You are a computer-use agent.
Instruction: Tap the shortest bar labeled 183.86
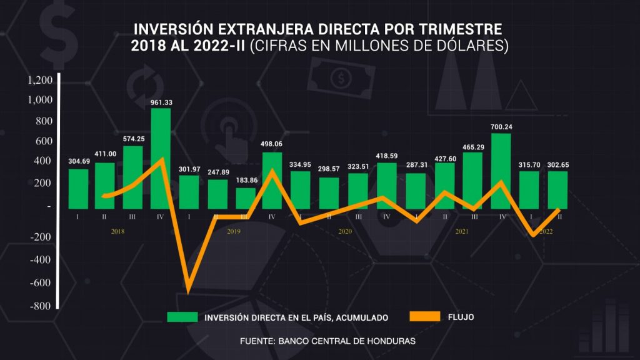(246, 198)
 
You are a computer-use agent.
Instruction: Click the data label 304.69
(78, 161)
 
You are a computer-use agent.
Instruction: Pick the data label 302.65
(558, 165)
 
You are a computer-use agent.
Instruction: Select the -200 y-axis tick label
(41, 237)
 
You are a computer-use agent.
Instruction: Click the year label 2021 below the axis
(462, 231)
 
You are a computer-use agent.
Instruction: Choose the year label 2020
(345, 231)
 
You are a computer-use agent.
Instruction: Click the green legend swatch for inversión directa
(182, 317)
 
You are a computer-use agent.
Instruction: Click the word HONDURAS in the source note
(391, 341)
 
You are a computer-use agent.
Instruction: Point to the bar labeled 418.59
(387, 186)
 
